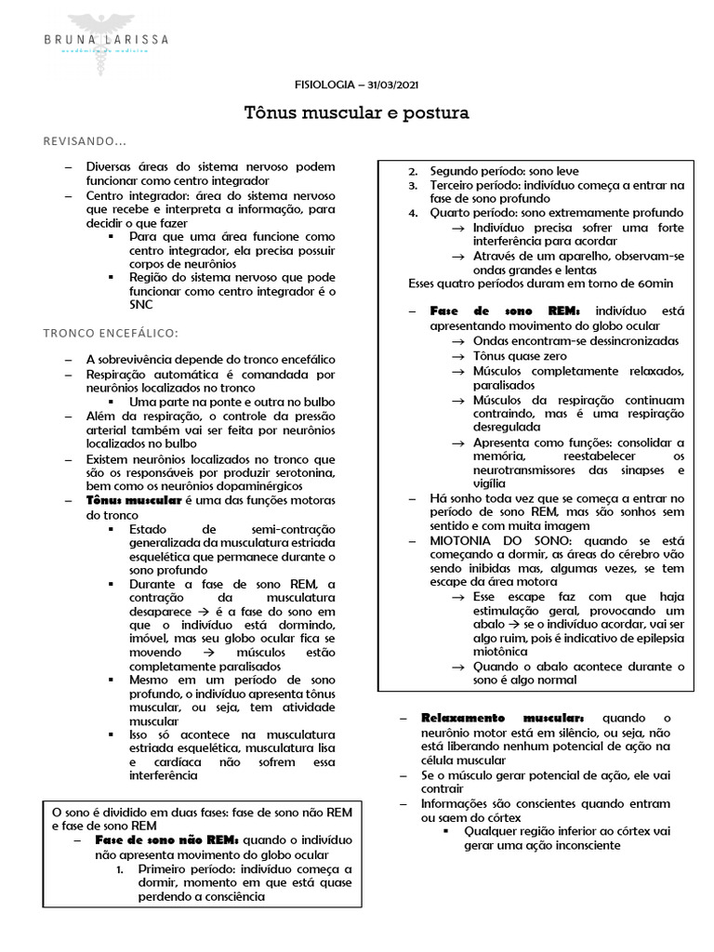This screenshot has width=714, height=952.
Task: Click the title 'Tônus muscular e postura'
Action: click(x=356, y=113)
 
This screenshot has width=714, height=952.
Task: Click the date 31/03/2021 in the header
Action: click(x=390, y=84)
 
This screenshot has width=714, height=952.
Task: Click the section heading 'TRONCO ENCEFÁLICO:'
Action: click(x=111, y=333)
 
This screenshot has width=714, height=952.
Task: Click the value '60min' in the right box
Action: click(x=652, y=283)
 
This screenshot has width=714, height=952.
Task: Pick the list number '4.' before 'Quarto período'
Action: click(x=414, y=213)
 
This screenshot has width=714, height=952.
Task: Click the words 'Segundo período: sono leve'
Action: click(x=502, y=171)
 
